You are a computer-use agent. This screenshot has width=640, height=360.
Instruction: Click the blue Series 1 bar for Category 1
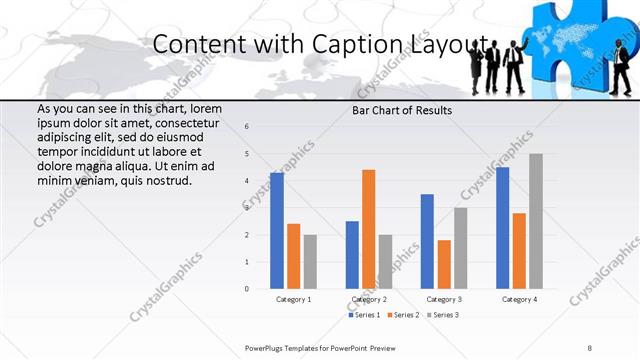tap(277, 231)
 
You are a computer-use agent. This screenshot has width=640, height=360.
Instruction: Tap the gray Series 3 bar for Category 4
tap(536, 221)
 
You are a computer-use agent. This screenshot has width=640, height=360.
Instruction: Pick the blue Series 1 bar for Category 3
tap(427, 241)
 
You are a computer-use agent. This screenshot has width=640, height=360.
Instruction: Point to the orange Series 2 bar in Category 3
tap(444, 264)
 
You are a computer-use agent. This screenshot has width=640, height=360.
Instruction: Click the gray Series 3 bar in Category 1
tap(310, 262)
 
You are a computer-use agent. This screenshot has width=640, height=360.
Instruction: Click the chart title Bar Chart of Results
tap(401, 110)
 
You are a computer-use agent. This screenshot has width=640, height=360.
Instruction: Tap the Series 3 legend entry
tap(444, 315)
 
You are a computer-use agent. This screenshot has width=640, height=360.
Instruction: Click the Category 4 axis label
tap(519, 299)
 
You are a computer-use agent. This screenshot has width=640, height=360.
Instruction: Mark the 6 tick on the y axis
tap(247, 126)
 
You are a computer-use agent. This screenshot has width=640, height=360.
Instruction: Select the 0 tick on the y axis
tap(247, 289)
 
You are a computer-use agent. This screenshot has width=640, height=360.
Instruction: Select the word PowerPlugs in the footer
tap(267, 347)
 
